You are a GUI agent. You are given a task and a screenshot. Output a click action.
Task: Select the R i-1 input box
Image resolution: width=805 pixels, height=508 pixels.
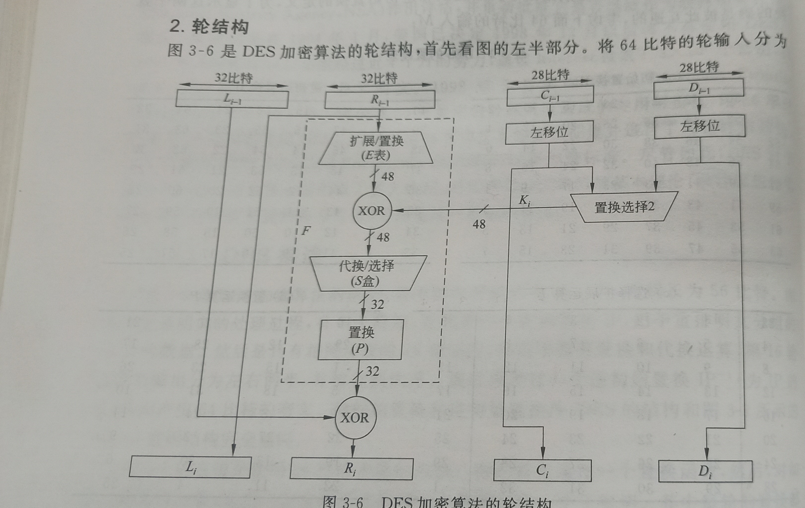[380, 100]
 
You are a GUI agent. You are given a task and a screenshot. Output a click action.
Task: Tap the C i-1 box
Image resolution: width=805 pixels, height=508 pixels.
[550, 96]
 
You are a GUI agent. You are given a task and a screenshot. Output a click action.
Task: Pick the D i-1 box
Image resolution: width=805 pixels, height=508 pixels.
[698, 89]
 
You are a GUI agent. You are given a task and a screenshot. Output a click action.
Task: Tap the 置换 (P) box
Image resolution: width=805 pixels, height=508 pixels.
[360, 340]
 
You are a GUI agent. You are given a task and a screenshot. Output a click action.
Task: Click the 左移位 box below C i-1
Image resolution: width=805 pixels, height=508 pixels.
[549, 132]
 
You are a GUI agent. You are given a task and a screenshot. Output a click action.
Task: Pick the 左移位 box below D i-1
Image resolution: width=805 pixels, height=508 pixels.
[699, 127]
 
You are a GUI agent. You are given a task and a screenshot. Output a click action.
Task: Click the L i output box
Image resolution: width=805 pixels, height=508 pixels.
[190, 467]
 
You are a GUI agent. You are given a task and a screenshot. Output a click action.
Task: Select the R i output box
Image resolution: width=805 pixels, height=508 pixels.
[351, 469]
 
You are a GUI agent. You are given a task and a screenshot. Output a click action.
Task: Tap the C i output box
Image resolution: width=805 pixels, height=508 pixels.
[542, 470]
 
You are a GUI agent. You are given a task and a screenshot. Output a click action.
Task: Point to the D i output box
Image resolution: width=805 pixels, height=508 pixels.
[705, 471]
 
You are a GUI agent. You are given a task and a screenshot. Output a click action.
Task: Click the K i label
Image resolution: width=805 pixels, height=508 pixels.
[525, 201]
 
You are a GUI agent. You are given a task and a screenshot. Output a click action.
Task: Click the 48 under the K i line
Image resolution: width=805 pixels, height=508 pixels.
[479, 224]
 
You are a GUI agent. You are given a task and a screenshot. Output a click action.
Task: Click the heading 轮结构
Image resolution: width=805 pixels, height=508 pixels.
[220, 27]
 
